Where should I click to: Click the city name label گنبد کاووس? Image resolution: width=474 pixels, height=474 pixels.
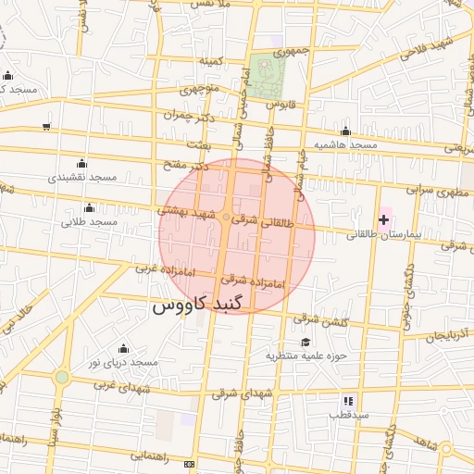click(x=196, y=305)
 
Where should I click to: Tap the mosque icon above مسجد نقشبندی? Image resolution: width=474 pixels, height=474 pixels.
click(x=81, y=163)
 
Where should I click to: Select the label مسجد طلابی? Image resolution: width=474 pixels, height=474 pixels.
click(x=90, y=222)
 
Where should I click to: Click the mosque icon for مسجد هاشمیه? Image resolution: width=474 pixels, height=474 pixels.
click(x=345, y=131)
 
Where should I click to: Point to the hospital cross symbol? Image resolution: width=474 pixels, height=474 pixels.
click(x=384, y=219)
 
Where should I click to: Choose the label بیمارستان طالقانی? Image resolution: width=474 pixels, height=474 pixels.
click(x=384, y=235)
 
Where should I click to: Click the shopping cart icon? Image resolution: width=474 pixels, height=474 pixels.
click(x=46, y=127)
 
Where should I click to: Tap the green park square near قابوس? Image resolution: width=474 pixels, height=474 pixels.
click(x=267, y=74)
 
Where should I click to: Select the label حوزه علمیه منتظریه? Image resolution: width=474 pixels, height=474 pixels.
click(x=306, y=355)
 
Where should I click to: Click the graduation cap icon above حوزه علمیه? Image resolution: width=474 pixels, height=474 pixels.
click(x=305, y=342)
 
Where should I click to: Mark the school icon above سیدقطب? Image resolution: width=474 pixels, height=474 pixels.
click(x=348, y=401)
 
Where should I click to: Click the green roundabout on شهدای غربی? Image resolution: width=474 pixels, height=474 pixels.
click(x=61, y=377)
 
